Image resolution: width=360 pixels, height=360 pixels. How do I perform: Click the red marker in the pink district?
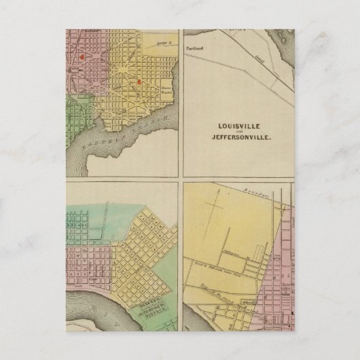(82, 58)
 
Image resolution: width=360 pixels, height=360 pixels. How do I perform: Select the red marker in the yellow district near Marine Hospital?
(139, 83)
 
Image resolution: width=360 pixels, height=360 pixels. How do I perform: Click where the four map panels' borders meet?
(179, 180)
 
